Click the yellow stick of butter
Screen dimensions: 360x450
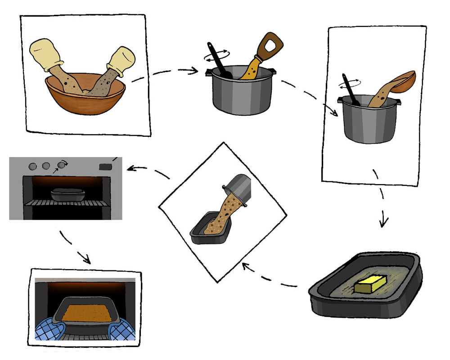pos(370,284)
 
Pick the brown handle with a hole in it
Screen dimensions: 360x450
pos(271,45)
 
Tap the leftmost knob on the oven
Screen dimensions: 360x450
pos(32,166)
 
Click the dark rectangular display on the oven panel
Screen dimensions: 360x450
pos(105,167)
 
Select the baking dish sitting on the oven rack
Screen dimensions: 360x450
pos(67,194)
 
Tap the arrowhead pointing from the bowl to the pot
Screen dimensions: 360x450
pos(195,70)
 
